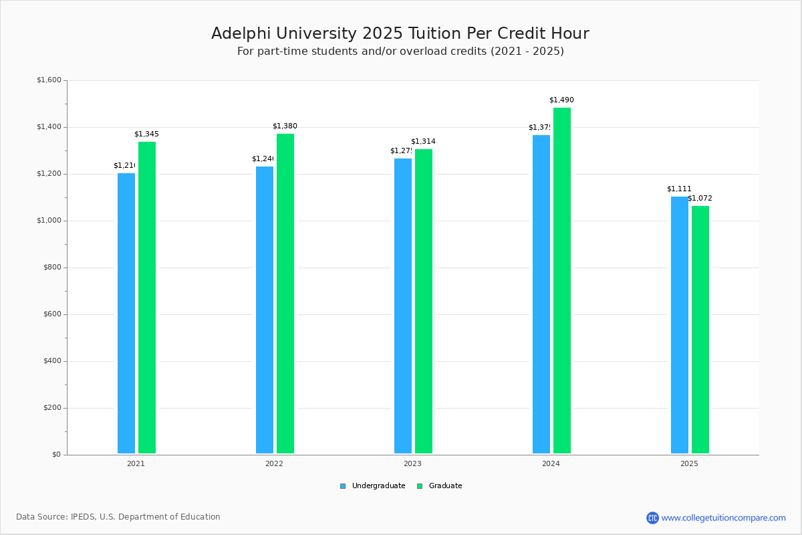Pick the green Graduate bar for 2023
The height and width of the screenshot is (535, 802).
tap(424, 301)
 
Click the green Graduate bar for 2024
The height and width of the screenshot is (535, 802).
tap(562, 280)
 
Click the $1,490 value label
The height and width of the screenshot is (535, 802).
tap(561, 100)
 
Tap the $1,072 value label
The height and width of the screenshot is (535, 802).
tap(700, 199)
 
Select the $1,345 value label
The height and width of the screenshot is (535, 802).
tap(146, 134)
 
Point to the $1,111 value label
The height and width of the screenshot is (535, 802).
tap(679, 189)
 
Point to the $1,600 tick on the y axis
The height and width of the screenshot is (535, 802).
tap(49, 80)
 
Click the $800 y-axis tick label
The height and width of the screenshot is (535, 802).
tap(51, 267)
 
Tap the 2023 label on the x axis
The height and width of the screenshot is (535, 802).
tap(412, 463)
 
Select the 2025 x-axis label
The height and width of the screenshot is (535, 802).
tap(689, 463)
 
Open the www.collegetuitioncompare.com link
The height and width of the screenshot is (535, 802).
tap(723, 518)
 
